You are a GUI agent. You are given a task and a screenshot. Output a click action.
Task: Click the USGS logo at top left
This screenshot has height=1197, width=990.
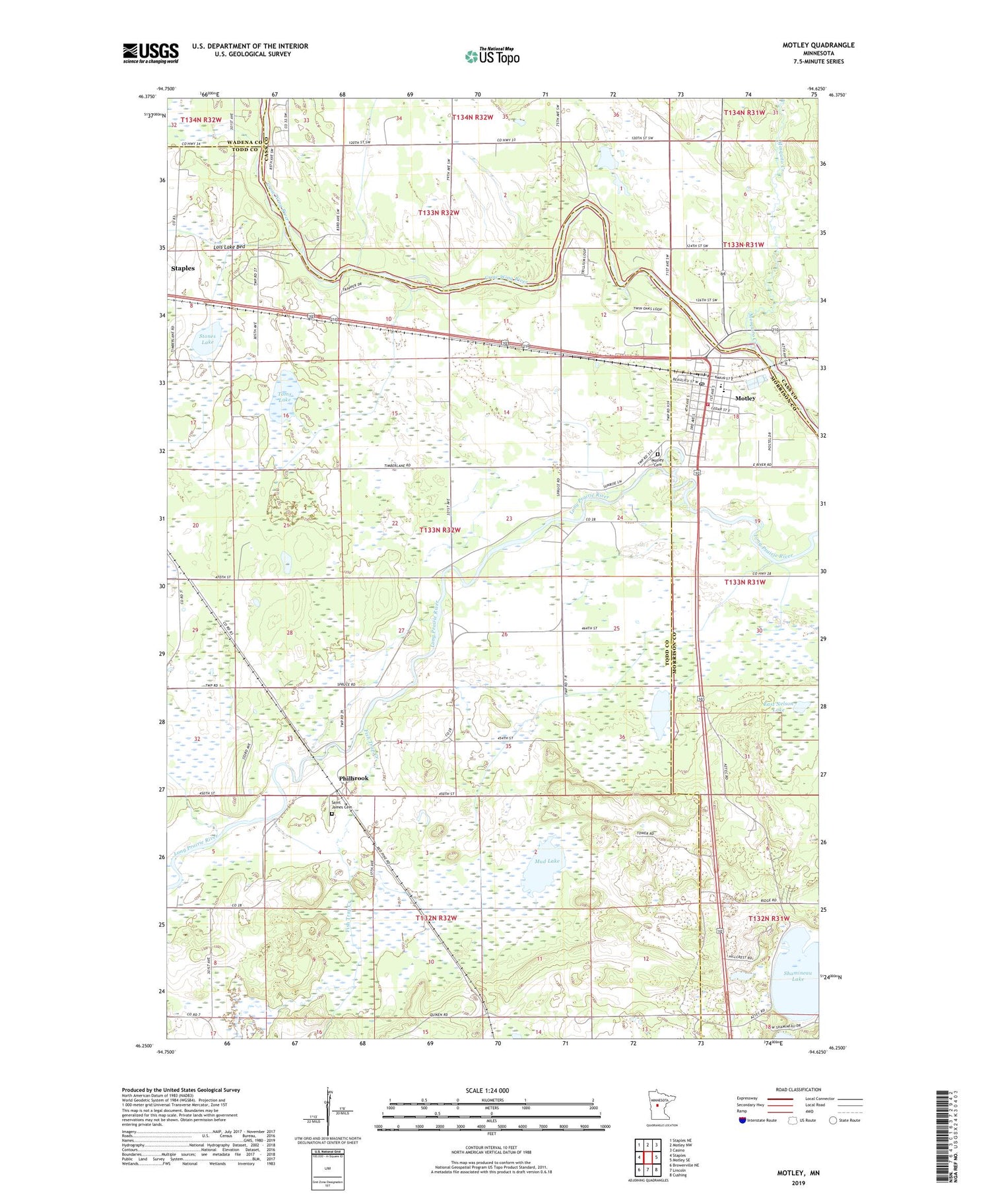[150, 53]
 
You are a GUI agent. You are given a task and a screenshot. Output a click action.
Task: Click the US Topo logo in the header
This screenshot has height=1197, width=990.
[492, 57]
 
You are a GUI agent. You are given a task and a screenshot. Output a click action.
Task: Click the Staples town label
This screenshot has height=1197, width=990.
[183, 268]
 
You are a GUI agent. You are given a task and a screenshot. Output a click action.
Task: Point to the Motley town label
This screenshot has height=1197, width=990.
[745, 399]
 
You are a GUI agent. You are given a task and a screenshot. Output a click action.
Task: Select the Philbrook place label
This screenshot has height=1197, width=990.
[353, 778]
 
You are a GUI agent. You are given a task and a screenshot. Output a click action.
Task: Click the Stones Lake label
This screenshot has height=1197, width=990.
[207, 339]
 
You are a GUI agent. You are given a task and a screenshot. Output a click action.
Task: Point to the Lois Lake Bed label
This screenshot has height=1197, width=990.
[228, 247]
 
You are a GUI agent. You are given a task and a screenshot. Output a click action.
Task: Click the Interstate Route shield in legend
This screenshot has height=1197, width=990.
[743, 1120]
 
